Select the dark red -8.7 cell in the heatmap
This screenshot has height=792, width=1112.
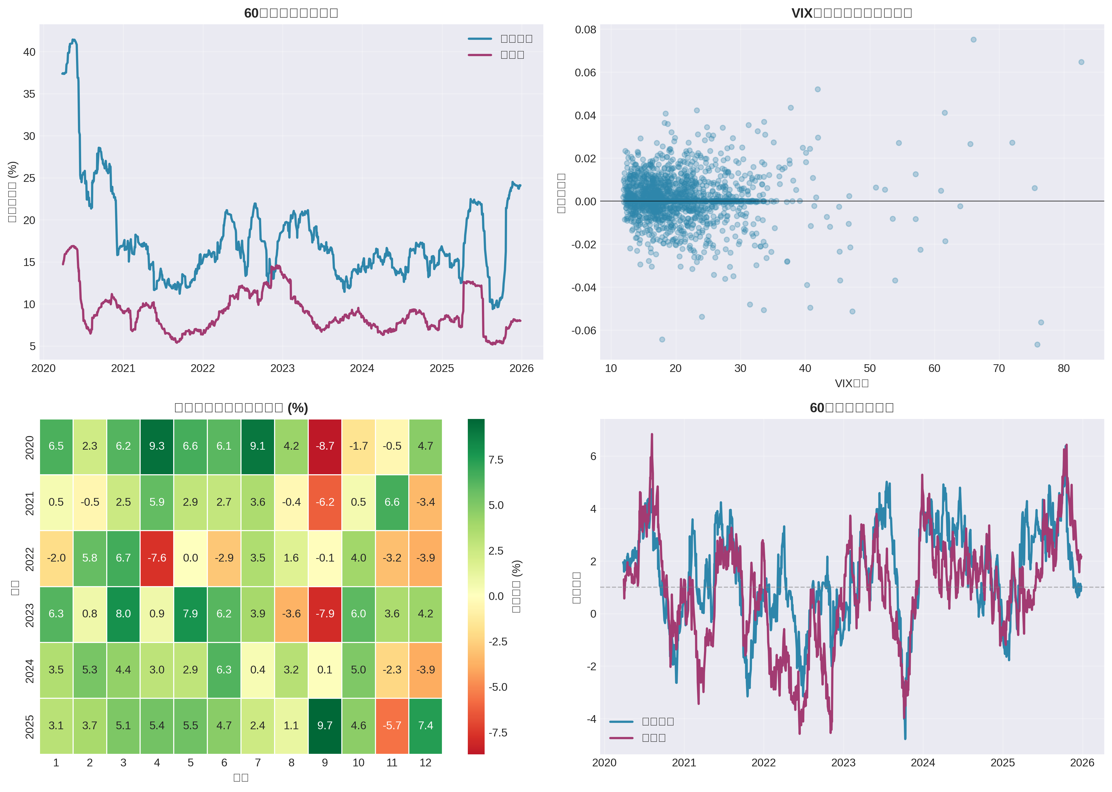(x=325, y=446)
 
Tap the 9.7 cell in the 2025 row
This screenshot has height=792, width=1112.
(x=325, y=726)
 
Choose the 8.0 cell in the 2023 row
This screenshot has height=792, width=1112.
(x=123, y=614)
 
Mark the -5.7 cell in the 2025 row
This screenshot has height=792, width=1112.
(x=392, y=726)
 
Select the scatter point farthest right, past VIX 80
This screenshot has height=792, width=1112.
(x=1081, y=62)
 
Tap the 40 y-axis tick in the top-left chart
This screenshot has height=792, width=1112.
(x=29, y=52)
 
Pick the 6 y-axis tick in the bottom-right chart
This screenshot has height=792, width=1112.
(x=593, y=456)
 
